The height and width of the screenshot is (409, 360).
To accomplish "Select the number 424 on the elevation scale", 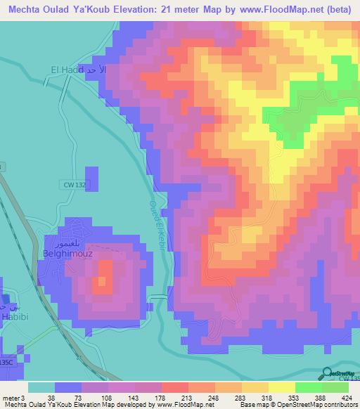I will click(x=347, y=398).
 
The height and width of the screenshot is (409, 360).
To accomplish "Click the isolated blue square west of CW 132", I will click(x=91, y=178).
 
